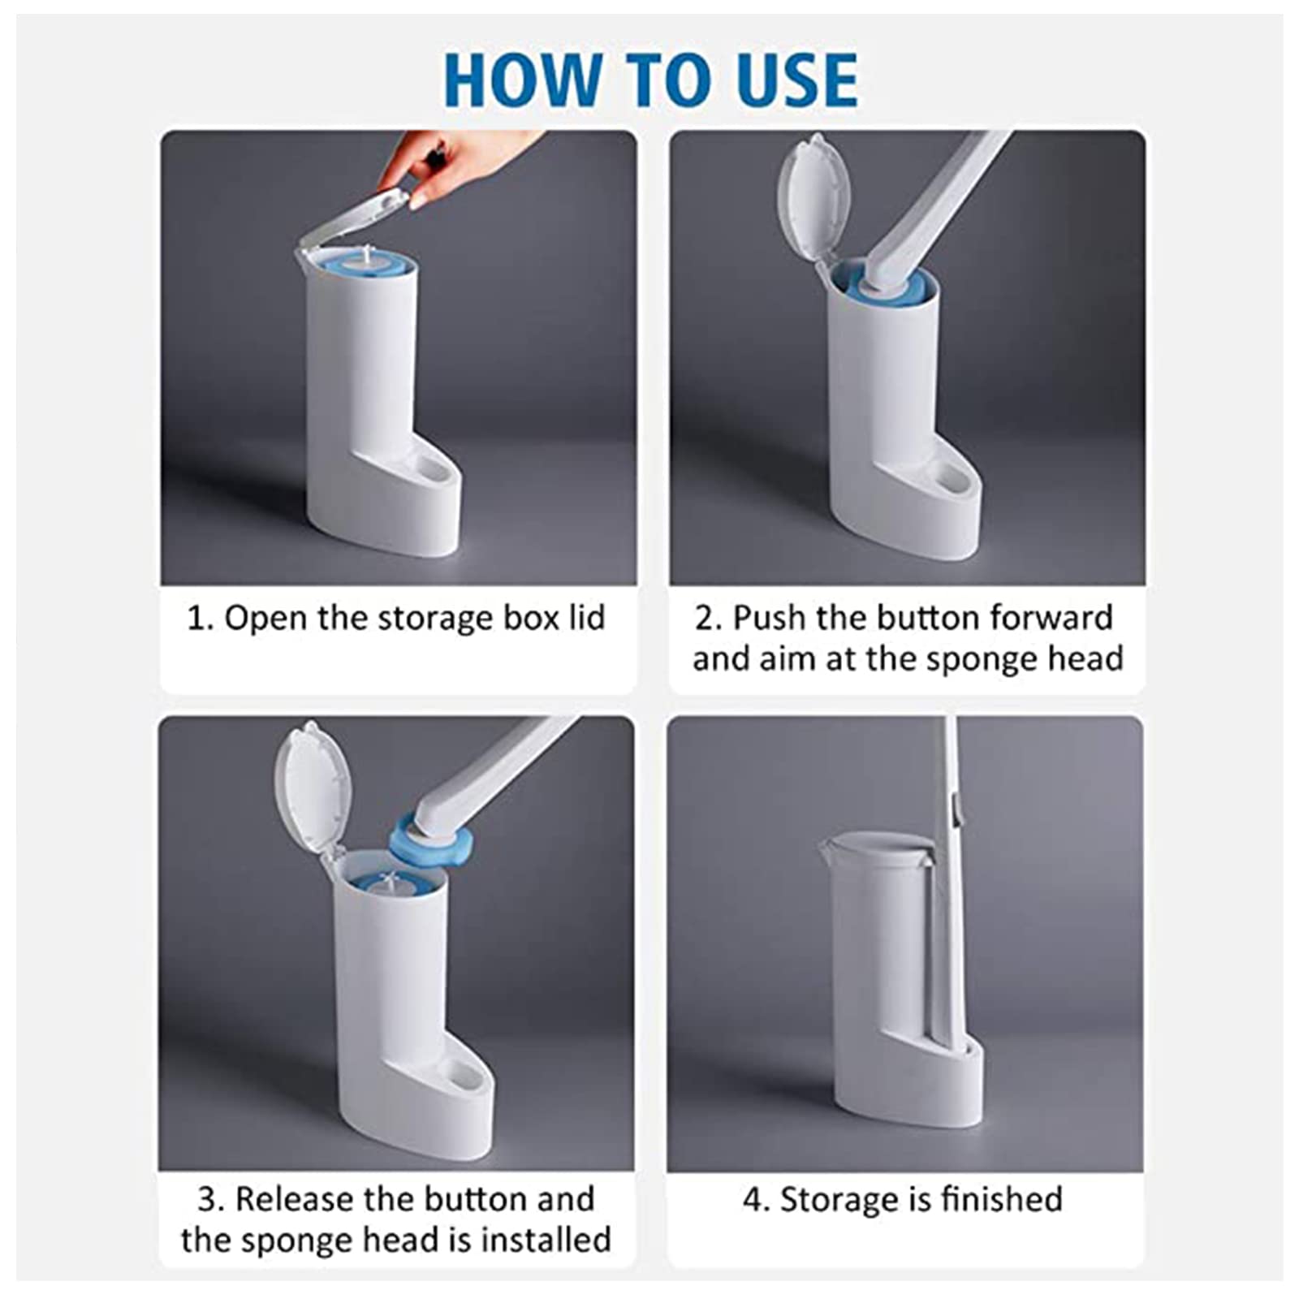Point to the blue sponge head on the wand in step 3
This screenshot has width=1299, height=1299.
coord(427,841)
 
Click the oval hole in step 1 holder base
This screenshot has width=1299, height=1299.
coord(432,470)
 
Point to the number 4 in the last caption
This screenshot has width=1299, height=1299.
coord(751,1200)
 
